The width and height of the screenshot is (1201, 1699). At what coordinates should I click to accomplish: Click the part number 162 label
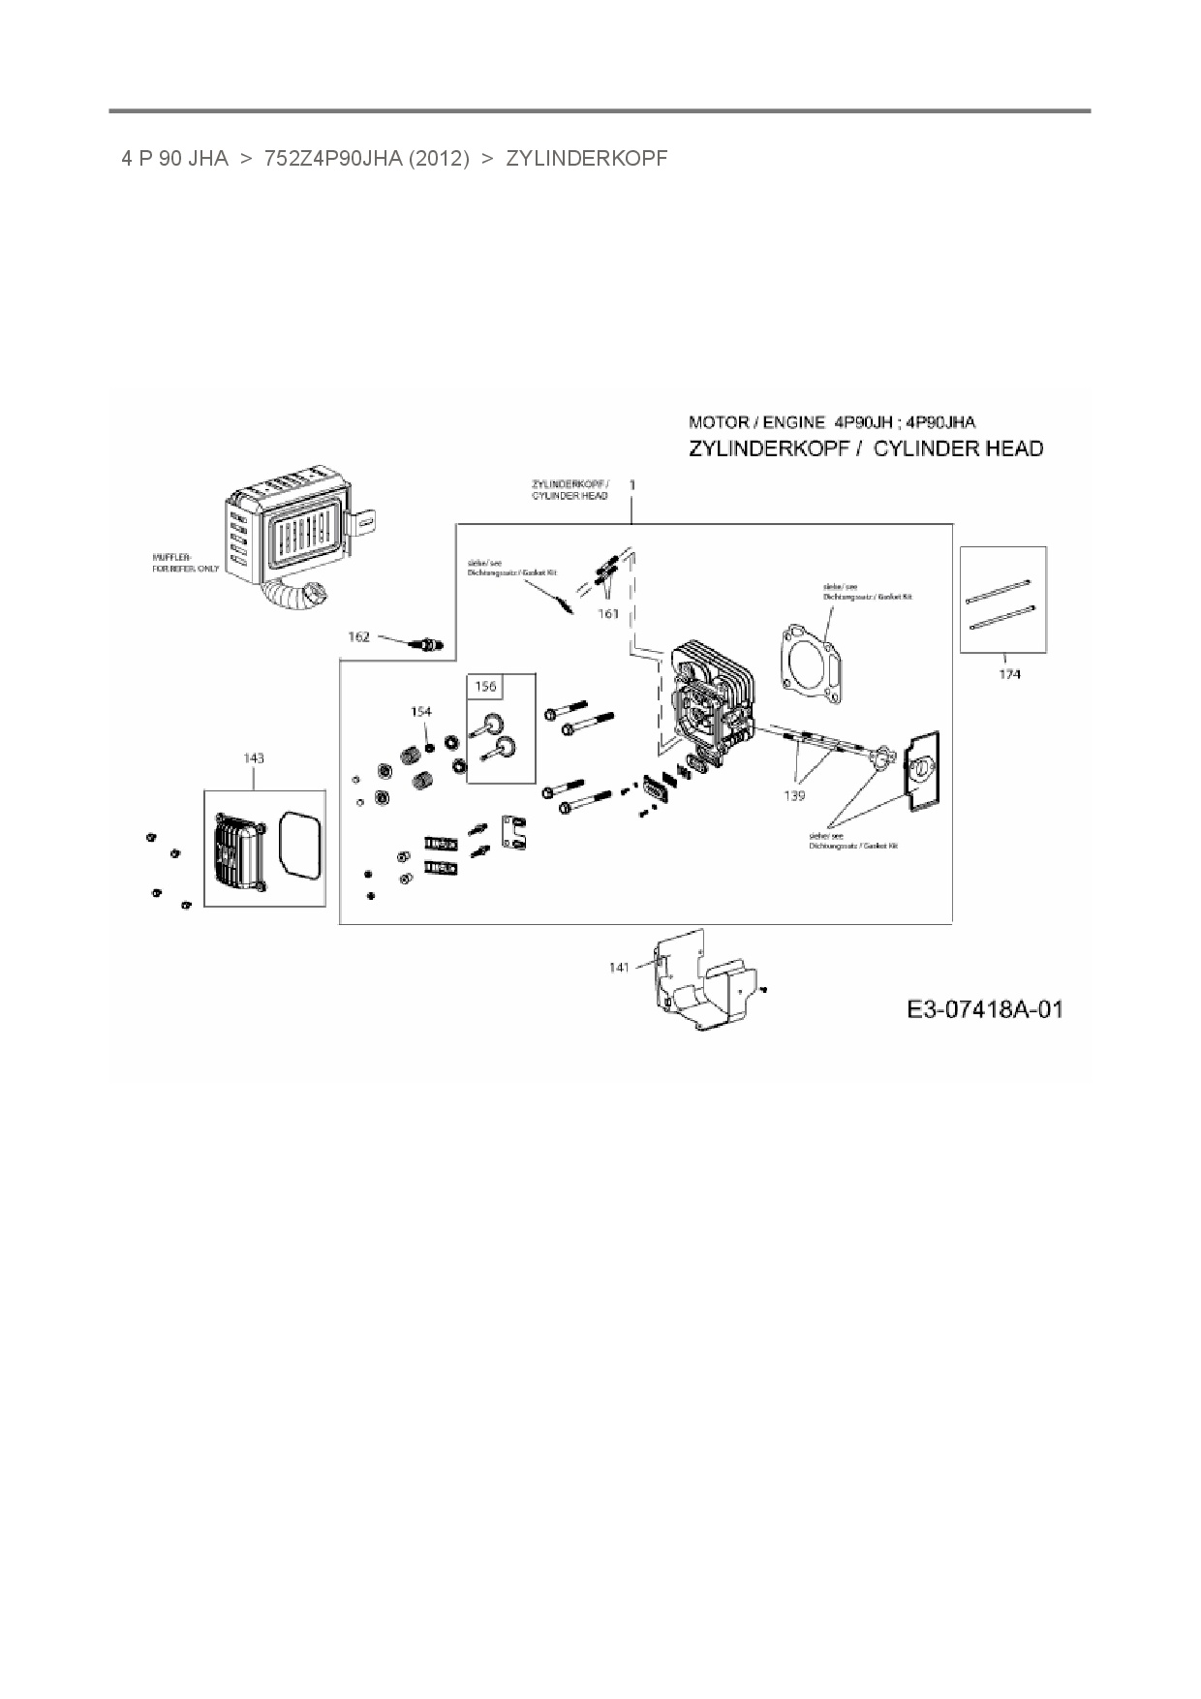pos(358,636)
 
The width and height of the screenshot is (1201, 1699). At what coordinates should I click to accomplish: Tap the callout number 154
pos(420,712)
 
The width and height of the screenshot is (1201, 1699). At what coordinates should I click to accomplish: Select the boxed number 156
pos(485,687)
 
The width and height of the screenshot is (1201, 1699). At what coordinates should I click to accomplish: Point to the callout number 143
pos(253,758)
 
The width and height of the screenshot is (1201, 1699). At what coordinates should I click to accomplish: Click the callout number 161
pos(607,614)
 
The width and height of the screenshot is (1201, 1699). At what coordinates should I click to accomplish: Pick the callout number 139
pos(794,795)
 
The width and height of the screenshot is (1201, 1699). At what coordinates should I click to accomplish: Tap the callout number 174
pos(1009,674)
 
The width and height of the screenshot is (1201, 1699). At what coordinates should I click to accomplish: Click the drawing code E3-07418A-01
pos(984,1009)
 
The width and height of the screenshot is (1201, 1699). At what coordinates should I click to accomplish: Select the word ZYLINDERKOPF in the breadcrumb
pos(587,159)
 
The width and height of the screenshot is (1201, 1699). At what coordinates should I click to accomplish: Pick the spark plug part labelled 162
pos(427,643)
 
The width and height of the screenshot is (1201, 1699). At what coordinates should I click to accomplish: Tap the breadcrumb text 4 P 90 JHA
pos(174,159)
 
